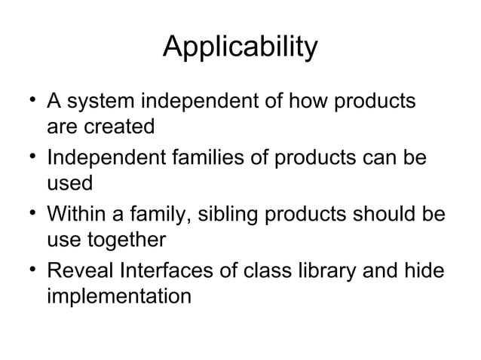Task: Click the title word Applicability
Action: (x=240, y=47)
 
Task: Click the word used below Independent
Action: (x=69, y=184)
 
